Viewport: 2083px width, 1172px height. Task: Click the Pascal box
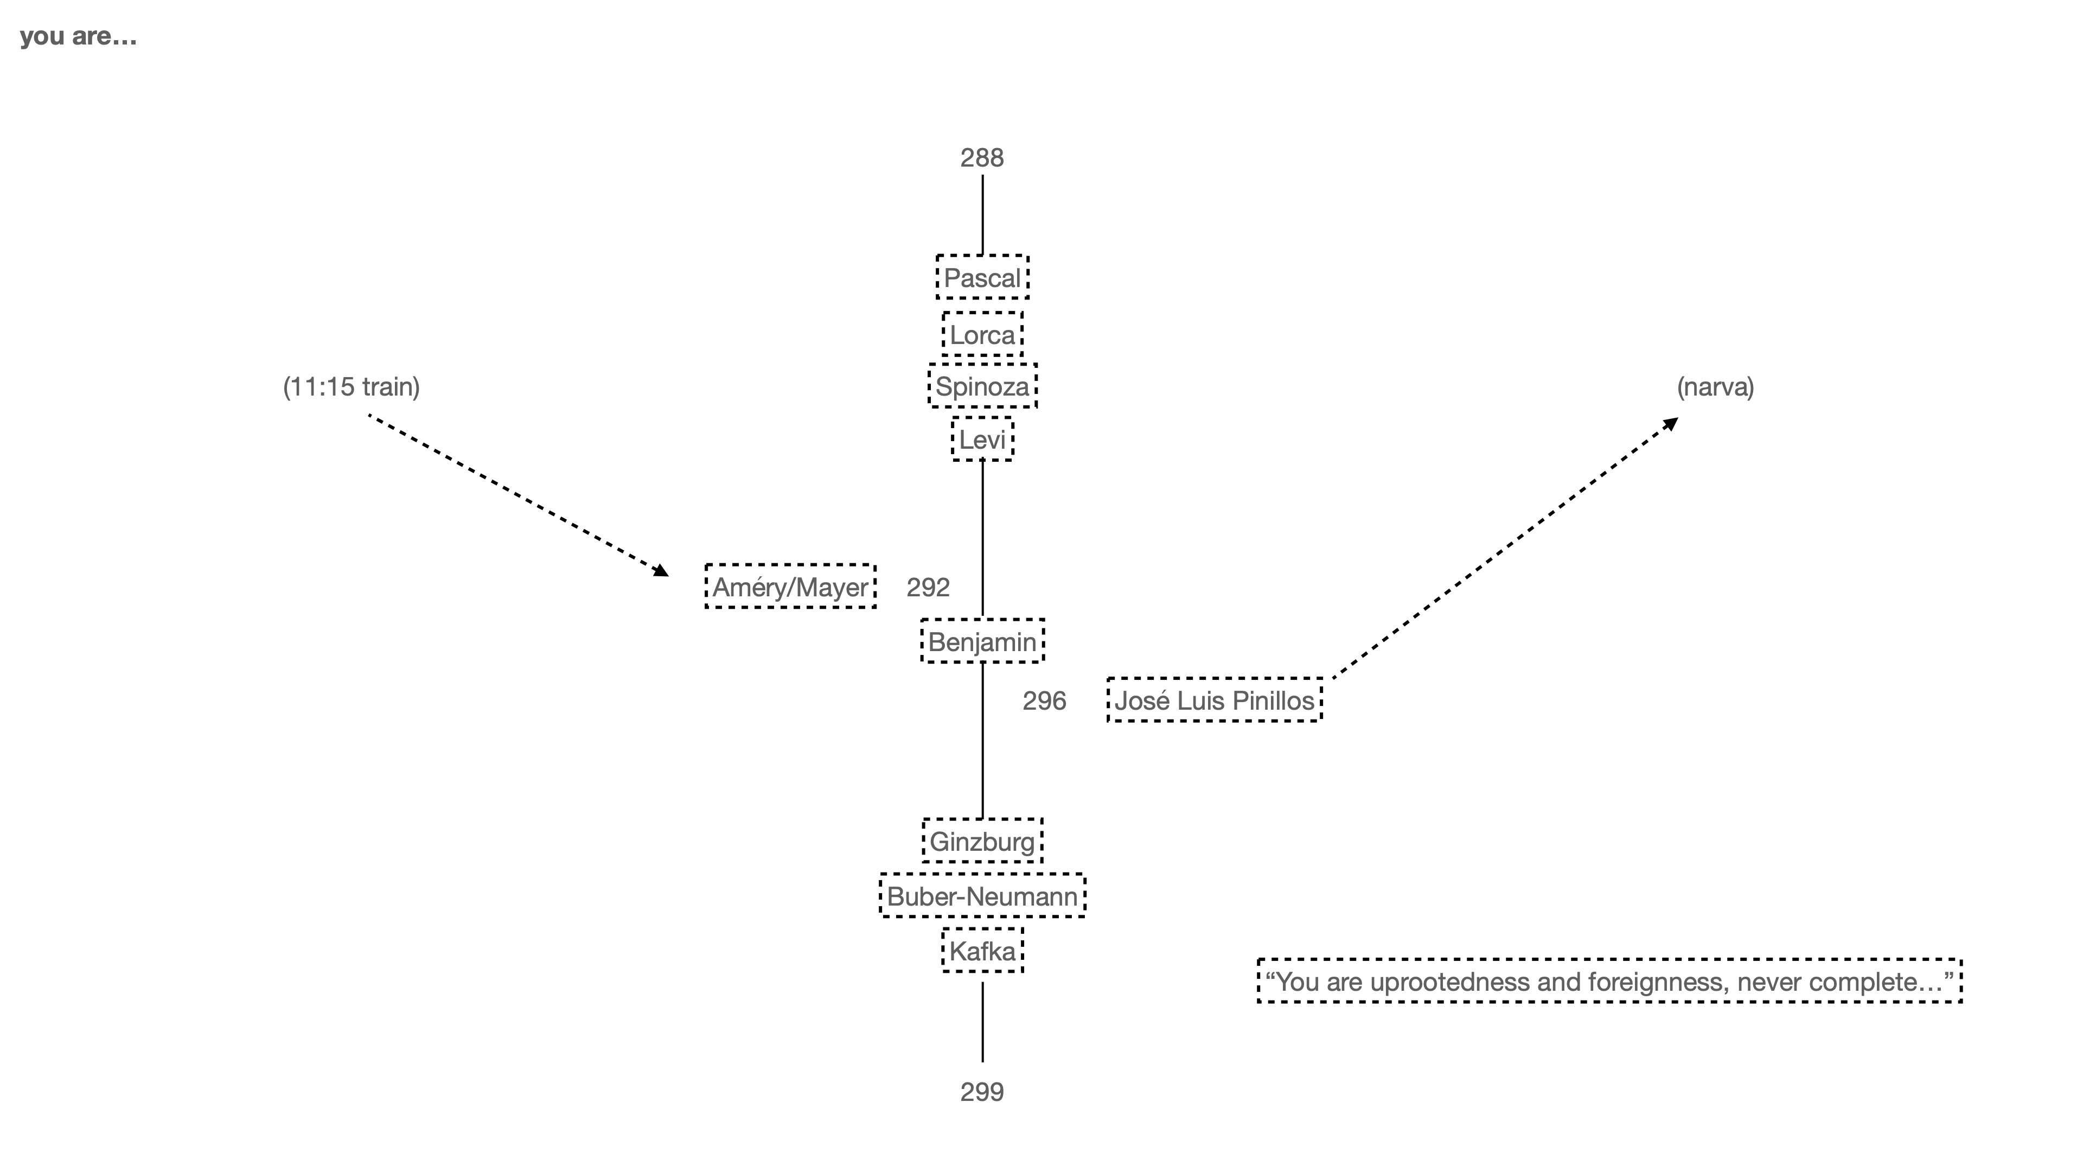pyautogui.click(x=982, y=277)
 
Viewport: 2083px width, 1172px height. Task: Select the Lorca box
pyautogui.click(x=982, y=335)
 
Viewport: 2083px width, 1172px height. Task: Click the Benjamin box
pyautogui.click(x=982, y=641)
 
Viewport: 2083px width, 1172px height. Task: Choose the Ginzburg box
pyautogui.click(x=982, y=841)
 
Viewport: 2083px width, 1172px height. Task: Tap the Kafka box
pyautogui.click(x=982, y=951)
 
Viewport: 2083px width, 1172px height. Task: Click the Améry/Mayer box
pyautogui.click(x=790, y=587)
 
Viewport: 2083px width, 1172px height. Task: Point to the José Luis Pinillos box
pyautogui.click(x=1214, y=700)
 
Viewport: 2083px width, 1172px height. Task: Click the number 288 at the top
pyautogui.click(x=982, y=158)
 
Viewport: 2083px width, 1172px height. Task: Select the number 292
pyautogui.click(x=928, y=587)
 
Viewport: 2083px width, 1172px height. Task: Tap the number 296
pyautogui.click(x=1044, y=700)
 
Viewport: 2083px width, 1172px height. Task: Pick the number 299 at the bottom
pyautogui.click(x=982, y=1092)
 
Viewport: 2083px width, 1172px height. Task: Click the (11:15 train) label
pyautogui.click(x=351, y=387)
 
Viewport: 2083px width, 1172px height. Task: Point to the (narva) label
pyautogui.click(x=1715, y=387)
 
